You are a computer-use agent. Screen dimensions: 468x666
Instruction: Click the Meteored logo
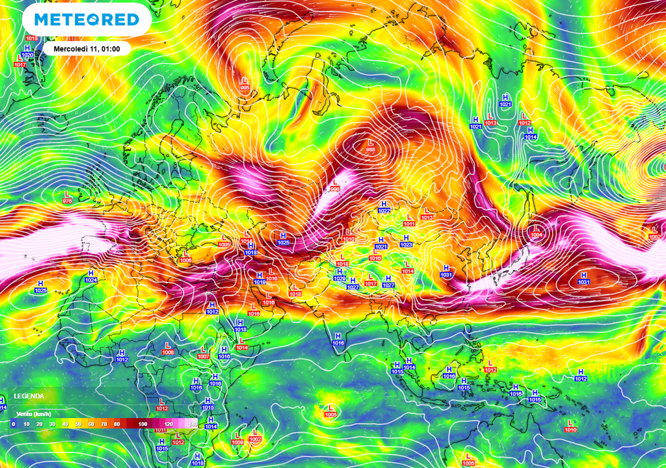coord(87,19)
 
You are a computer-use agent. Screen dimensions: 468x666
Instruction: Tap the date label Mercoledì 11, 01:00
coord(87,49)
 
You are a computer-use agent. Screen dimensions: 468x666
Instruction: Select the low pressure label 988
coord(371,150)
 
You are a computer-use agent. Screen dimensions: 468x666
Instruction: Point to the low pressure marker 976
coord(67,201)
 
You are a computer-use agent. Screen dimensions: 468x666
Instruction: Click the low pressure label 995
coord(245,88)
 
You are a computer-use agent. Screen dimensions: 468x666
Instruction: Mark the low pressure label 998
coord(336,189)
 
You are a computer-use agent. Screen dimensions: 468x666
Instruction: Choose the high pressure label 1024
coord(91,279)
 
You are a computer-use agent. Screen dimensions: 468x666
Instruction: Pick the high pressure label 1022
coord(384,210)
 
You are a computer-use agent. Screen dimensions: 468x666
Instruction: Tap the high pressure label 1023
coord(406,244)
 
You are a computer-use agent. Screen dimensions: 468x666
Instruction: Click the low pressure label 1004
coord(537,235)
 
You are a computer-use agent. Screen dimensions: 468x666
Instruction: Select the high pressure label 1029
coord(340,278)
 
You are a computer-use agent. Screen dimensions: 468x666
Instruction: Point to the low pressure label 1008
coord(168,352)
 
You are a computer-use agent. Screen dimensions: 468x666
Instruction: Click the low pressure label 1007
coord(204,356)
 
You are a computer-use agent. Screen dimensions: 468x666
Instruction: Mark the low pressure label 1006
coord(185,260)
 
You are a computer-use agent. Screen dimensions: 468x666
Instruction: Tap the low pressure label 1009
coord(237,442)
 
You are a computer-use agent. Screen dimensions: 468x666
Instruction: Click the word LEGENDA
coord(29,396)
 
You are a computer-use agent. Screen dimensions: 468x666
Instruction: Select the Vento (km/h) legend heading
coord(34,413)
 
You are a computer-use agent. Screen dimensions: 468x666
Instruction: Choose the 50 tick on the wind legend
coord(77,424)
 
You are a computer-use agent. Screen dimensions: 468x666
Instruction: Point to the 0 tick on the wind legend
coord(13,424)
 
